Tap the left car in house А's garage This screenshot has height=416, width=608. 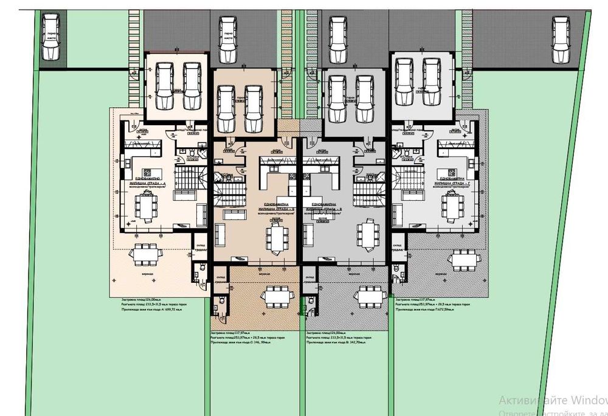pyautogui.click(x=165, y=86)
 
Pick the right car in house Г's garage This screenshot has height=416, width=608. pyautogui.click(x=432, y=82)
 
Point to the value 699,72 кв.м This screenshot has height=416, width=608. pyautogui.click(x=170, y=310)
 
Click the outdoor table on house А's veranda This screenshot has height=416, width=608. pyautogui.click(x=147, y=253)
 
